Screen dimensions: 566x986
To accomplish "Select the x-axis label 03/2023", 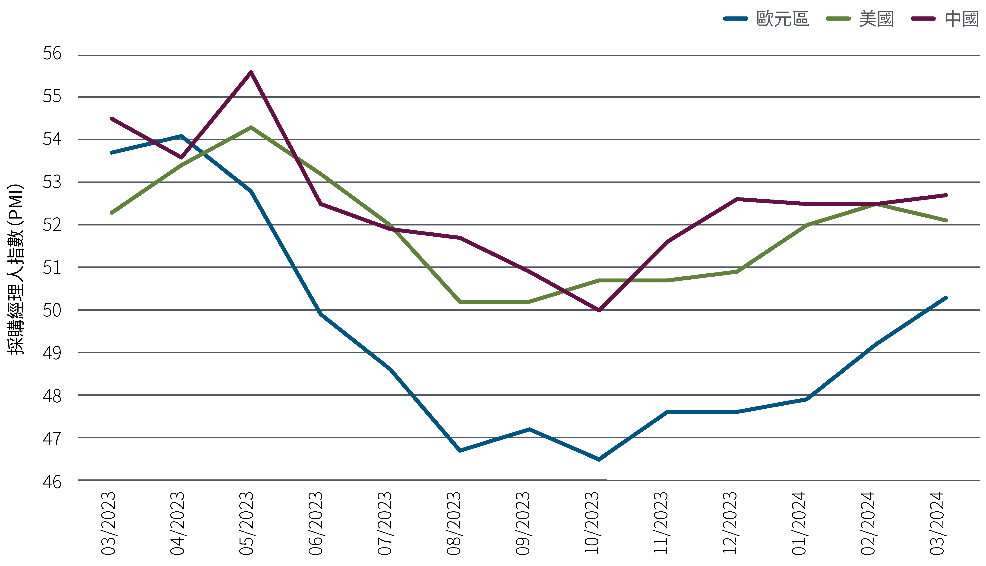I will click(108, 523).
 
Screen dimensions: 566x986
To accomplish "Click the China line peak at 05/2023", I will click(251, 72).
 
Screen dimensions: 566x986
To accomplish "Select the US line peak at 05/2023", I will click(251, 127).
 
